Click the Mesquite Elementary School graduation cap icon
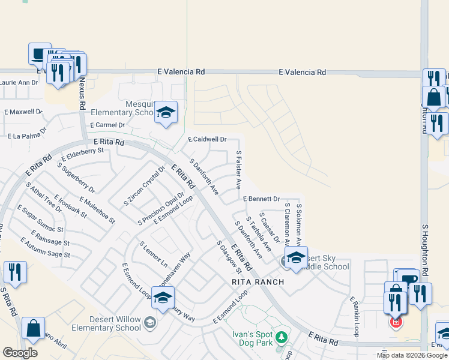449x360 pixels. [x=166, y=113]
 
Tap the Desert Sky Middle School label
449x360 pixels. [x=327, y=262]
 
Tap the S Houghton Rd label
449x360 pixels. [x=424, y=251]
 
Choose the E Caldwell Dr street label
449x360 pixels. [x=207, y=139]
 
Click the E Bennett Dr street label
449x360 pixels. [x=261, y=199]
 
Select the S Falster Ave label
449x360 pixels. [x=238, y=170]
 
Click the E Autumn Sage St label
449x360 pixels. [x=45, y=248]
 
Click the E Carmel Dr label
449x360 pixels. [x=107, y=125]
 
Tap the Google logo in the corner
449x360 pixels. [x=20, y=353]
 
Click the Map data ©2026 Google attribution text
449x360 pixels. [x=411, y=355]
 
